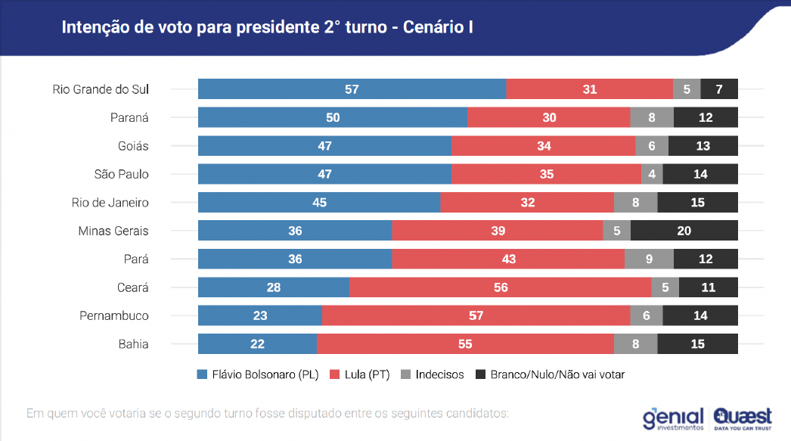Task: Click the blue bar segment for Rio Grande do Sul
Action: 352,89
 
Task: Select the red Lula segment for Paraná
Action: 549,117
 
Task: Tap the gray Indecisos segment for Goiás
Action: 652,146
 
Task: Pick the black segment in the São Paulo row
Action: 700,174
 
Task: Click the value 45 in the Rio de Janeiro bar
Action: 319,202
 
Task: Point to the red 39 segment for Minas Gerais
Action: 498,231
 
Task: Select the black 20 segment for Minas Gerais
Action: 684,231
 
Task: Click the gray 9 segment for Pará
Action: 650,259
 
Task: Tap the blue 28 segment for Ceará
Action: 274,287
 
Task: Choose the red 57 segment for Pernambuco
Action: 476,315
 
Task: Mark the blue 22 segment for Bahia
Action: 257,343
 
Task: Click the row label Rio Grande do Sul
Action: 101,89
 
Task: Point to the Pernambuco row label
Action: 114,316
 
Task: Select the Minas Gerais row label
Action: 113,231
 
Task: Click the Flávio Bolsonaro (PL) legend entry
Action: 258,374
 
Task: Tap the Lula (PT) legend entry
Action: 360,374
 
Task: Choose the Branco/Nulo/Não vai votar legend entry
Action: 550,374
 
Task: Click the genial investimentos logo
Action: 673,419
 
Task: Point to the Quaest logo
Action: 743,419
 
